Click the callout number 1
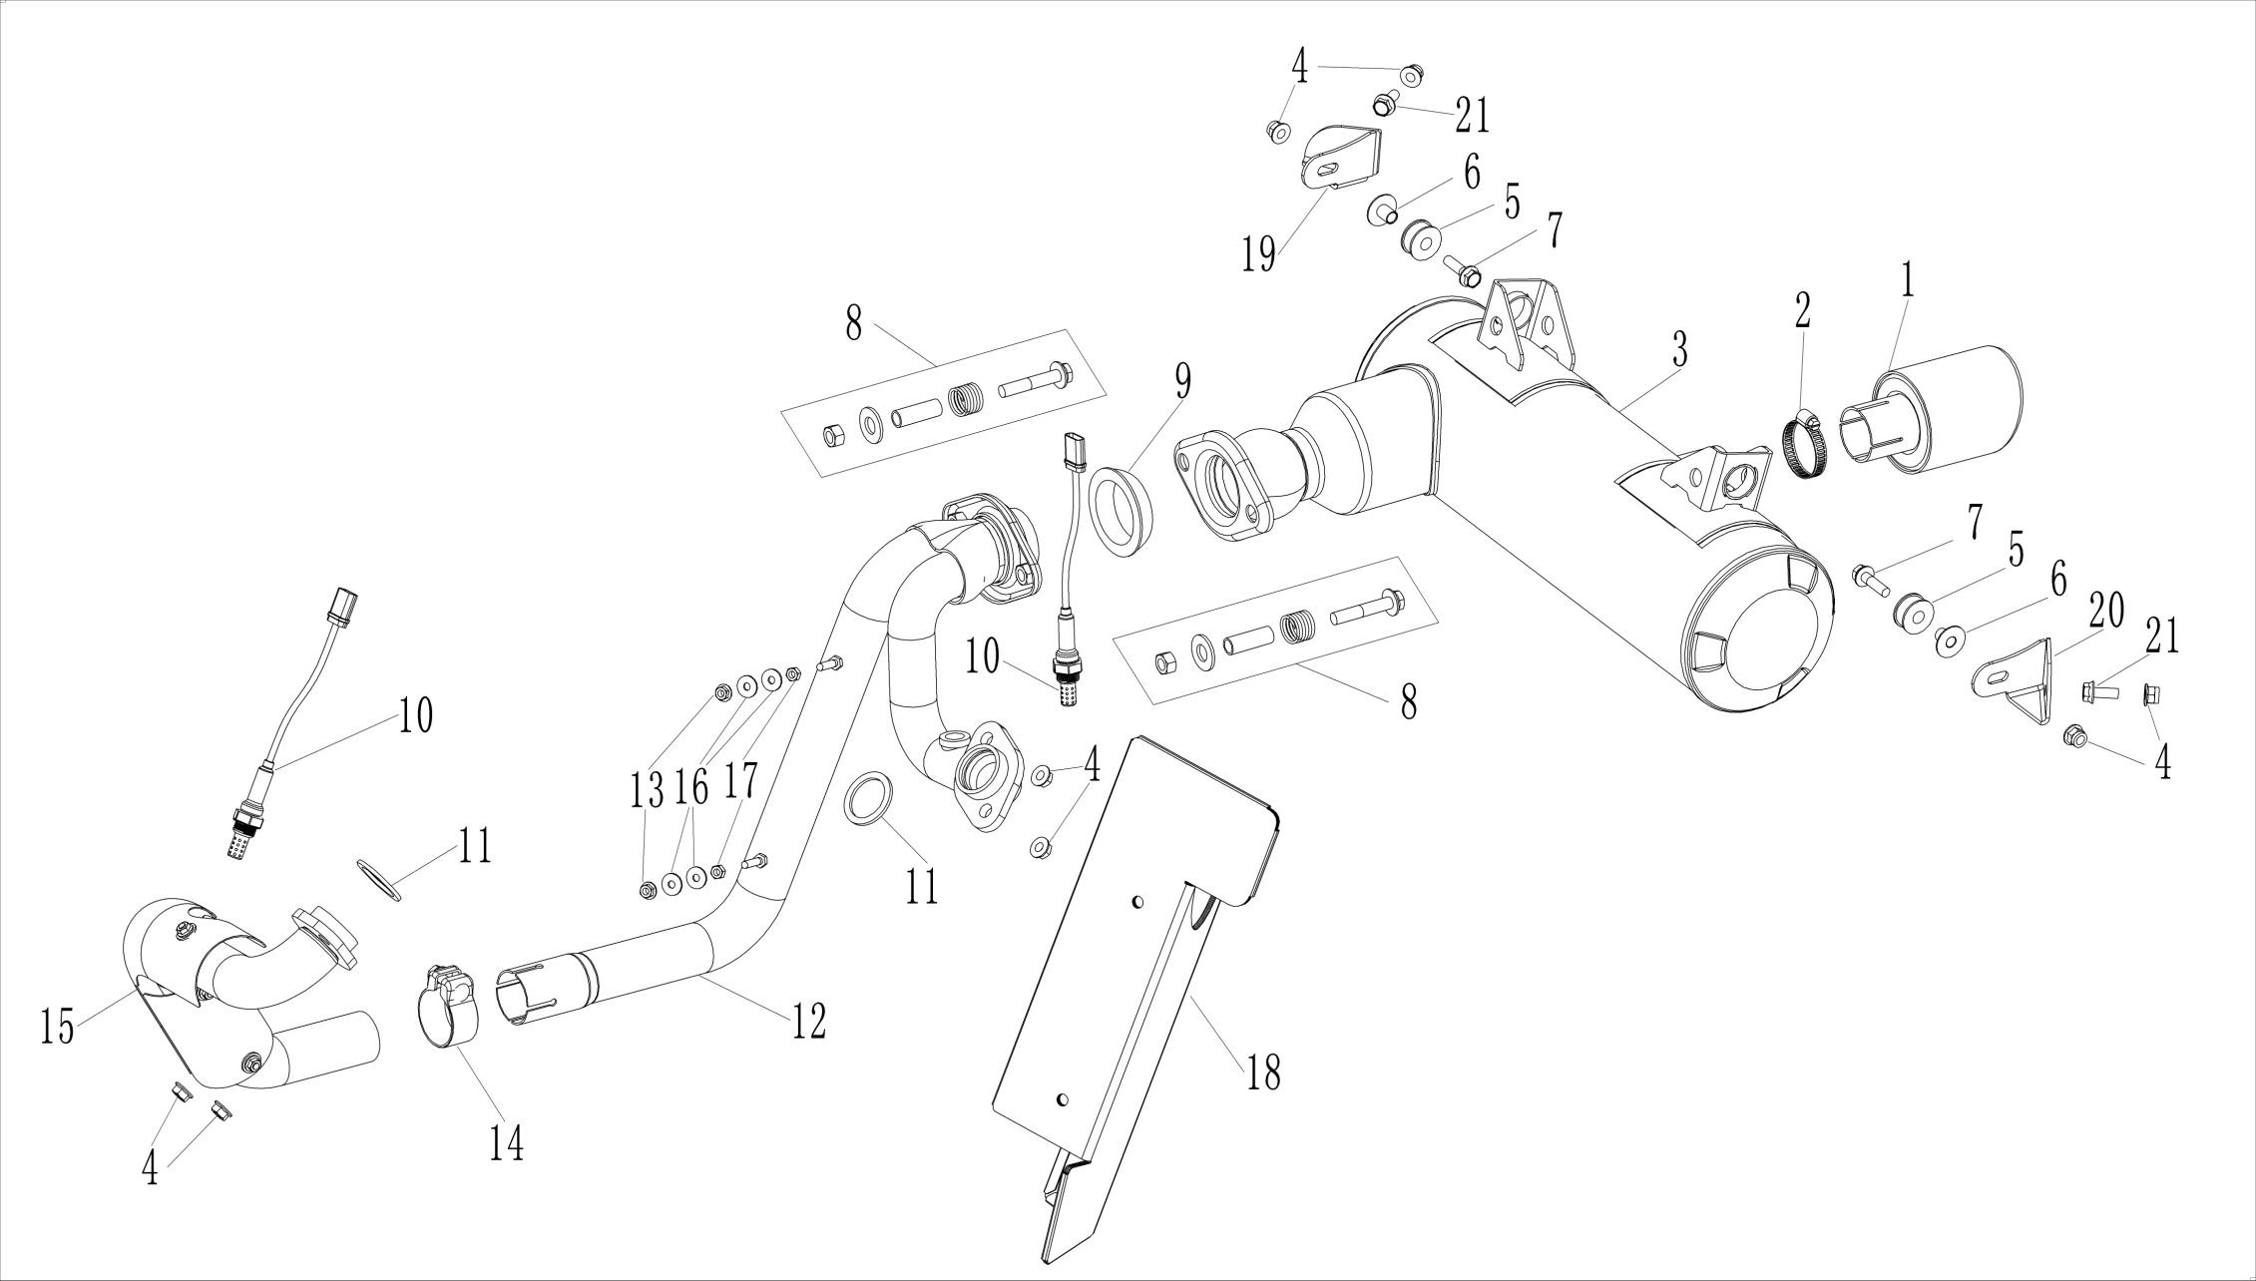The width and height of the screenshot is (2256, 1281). (x=1907, y=283)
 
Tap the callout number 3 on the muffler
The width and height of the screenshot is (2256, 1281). (x=1680, y=351)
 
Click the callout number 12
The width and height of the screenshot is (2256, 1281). (x=809, y=1022)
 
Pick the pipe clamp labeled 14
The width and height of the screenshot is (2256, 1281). (x=447, y=1008)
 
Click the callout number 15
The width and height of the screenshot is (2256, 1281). (x=58, y=1027)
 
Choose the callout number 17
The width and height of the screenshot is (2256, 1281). (x=740, y=781)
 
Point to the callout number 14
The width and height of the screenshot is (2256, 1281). (x=506, y=1143)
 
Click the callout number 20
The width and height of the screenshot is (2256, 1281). (x=2106, y=609)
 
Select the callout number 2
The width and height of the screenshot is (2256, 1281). (x=1802, y=312)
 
